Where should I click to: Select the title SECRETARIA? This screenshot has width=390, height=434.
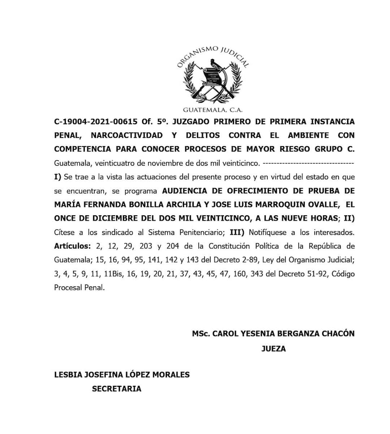tap(117, 389)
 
